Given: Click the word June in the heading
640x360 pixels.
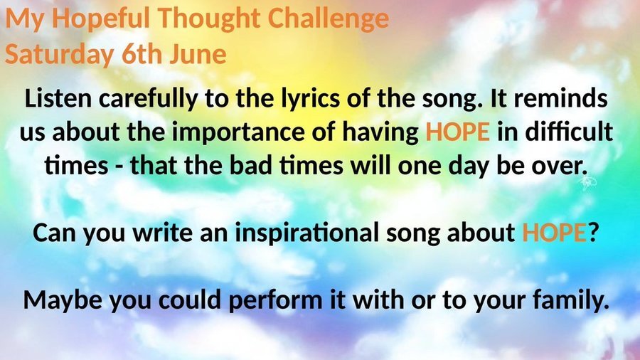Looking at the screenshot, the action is [198, 55].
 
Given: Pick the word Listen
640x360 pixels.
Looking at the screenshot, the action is [58, 99].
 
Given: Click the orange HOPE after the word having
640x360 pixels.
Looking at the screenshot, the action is [457, 132].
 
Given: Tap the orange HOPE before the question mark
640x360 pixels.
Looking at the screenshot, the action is [554, 233].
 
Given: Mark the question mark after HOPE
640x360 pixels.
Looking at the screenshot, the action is [592, 233].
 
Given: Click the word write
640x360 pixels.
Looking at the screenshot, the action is [162, 233].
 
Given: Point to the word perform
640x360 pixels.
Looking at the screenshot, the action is [274, 301].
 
